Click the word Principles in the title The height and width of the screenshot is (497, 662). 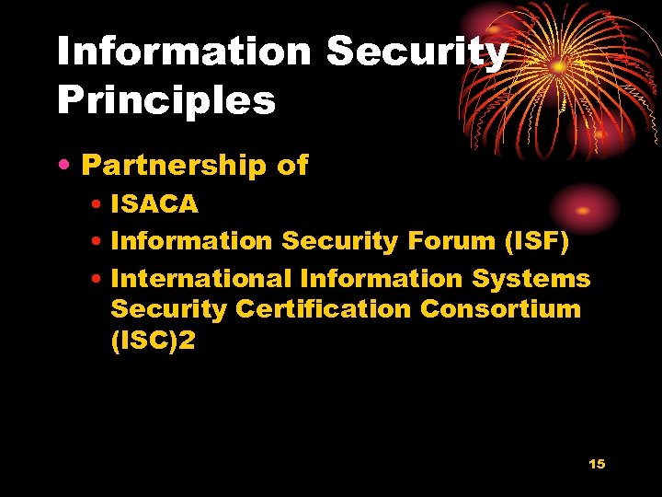tap(166, 99)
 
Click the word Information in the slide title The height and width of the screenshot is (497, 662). tap(184, 52)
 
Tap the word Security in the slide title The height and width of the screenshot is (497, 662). tap(417, 52)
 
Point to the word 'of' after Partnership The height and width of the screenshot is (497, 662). tap(292, 166)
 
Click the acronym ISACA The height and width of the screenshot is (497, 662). tap(154, 204)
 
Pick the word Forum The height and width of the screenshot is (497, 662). tap(437, 241)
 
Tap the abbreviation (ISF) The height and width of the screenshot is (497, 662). tap(534, 241)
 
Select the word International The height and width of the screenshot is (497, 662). tap(201, 278)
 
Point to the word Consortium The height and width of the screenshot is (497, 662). tap(500, 308)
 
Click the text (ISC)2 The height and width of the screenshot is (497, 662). tap(153, 340)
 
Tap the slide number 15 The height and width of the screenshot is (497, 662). tap(597, 464)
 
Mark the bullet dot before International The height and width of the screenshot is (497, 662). tap(98, 279)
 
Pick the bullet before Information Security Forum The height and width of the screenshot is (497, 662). tap(98, 242)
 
